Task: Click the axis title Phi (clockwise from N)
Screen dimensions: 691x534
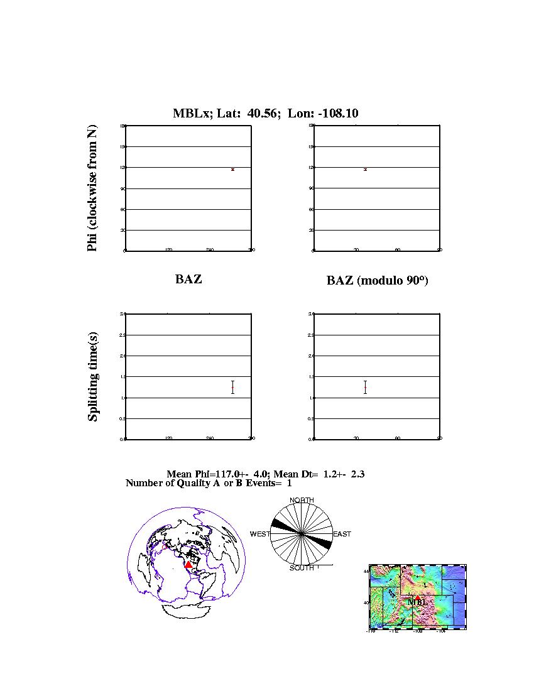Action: pos(92,188)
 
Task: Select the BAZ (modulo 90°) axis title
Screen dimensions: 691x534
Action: pos(377,281)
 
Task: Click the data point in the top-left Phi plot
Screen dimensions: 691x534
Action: pos(232,170)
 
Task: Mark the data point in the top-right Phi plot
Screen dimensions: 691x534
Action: pos(365,170)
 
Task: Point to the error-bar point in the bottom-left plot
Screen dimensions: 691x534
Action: pos(232,388)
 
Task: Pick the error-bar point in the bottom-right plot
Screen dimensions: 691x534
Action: pos(365,388)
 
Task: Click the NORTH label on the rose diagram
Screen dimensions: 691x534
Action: pos(302,500)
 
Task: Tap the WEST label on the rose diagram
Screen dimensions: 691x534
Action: pos(260,534)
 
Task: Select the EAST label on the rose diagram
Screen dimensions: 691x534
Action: pos(342,534)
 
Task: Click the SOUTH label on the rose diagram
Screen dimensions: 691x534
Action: pos(302,568)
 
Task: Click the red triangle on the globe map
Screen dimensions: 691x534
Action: pos(188,565)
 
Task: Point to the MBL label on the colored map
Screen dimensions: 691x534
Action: pos(417,602)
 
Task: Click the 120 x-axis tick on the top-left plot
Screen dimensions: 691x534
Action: pos(168,250)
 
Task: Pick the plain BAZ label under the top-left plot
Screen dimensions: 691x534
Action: pos(188,279)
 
